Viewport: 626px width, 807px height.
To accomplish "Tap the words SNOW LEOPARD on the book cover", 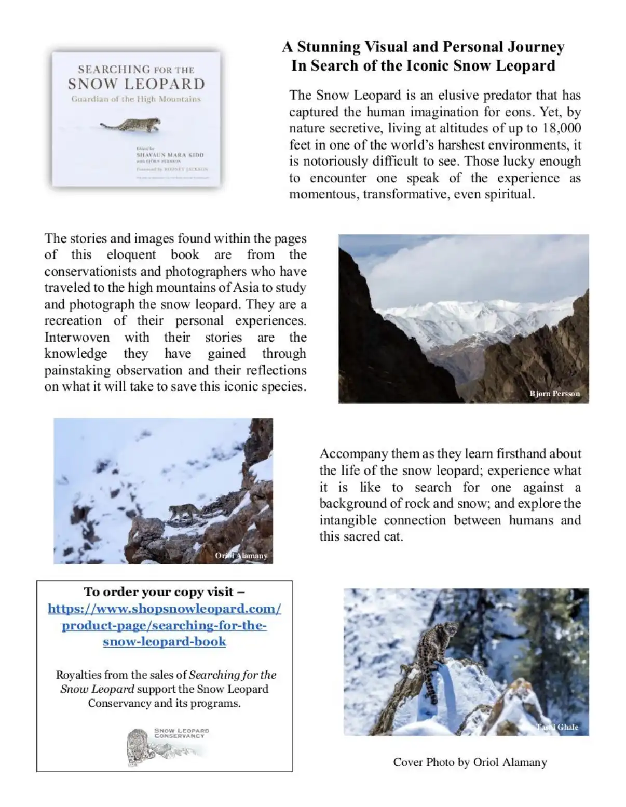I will click(136, 84).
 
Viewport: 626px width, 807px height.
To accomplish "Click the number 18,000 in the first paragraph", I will click(561, 128).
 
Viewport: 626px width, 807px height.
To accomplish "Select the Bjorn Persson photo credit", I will click(554, 394).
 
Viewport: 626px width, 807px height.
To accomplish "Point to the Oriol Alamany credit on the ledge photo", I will click(241, 556).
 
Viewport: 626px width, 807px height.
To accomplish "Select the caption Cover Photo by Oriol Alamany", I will click(470, 762).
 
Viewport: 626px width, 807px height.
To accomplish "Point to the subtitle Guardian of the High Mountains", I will click(136, 99).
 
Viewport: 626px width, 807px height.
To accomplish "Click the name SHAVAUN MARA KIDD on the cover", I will click(170, 155).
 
